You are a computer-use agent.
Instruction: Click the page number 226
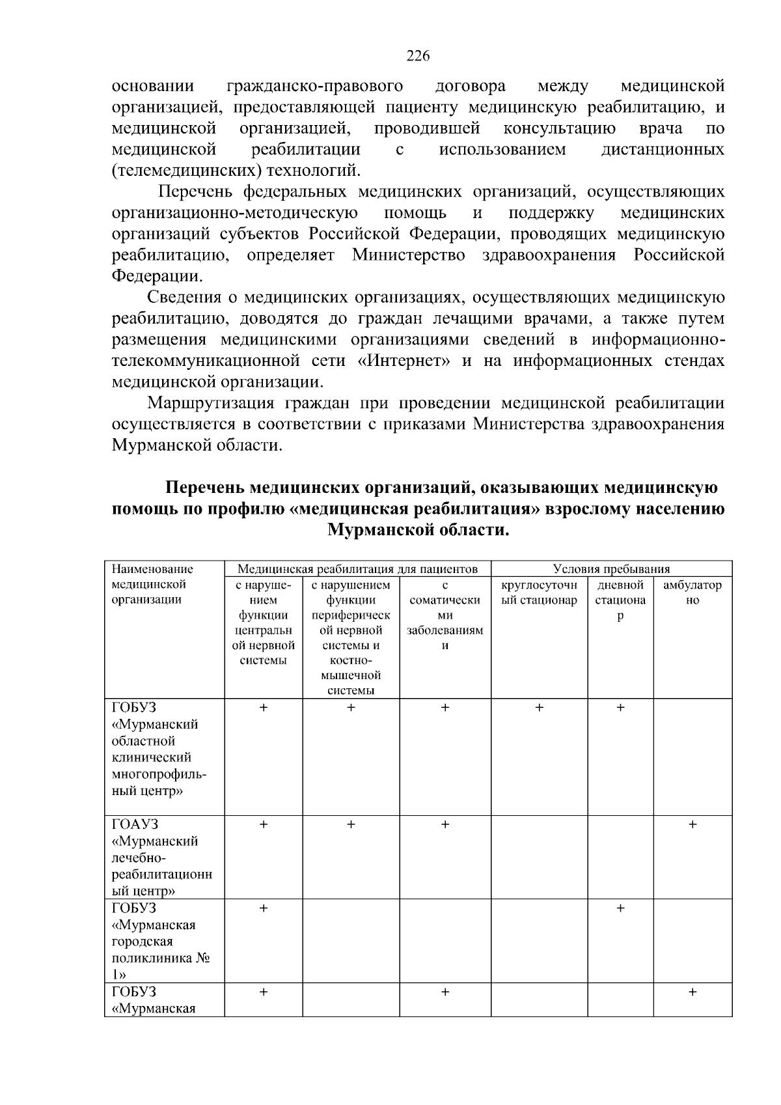[x=418, y=56]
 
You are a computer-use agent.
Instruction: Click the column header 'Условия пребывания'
[x=611, y=569]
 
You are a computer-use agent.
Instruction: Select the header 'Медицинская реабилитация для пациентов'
[x=357, y=569]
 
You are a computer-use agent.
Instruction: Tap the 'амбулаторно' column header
[x=692, y=593]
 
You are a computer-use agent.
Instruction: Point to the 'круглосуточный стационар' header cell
[x=539, y=593]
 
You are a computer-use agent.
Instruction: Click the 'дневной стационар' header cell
[x=620, y=600]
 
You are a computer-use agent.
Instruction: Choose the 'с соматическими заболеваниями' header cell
[x=445, y=615]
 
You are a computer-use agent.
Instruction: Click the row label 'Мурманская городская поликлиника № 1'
[x=156, y=942]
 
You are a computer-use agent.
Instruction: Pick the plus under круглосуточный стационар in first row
[x=539, y=708]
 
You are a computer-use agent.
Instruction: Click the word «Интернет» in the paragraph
[x=404, y=361]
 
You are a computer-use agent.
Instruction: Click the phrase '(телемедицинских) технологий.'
[x=236, y=171]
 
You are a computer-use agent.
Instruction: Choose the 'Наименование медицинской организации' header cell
[x=153, y=584]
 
